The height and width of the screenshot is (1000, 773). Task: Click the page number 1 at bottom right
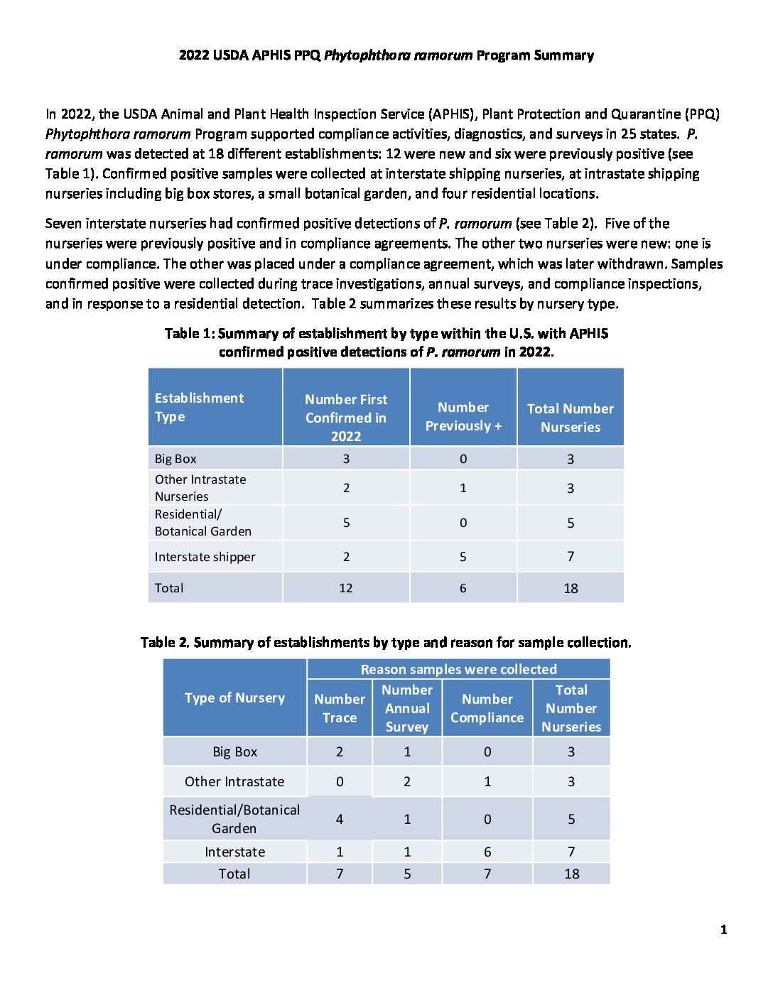723,930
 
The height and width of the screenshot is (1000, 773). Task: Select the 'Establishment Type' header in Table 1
199,408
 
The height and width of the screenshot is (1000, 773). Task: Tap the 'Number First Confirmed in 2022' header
346,418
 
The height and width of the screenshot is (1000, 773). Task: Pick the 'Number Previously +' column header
463,417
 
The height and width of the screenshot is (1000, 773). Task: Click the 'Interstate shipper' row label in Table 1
205,557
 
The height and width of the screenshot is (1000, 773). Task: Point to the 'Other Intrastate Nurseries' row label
200,488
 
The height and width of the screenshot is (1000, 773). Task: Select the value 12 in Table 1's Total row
346,588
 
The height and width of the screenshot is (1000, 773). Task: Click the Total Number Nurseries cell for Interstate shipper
571,557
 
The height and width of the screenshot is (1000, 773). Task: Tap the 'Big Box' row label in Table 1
175,459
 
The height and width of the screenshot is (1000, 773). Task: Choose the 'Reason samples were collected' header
458,669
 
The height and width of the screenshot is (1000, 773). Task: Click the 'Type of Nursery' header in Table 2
234,698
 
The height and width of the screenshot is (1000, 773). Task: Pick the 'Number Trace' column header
340,708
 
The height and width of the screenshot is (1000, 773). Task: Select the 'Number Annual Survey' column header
407,708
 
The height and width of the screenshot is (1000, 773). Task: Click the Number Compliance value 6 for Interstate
487,852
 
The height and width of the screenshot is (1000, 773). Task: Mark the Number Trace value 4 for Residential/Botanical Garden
340,819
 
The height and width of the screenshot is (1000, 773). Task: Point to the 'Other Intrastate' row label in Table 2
234,781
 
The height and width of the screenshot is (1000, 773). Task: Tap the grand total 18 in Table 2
572,874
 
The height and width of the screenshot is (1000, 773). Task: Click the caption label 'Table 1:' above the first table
190,334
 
